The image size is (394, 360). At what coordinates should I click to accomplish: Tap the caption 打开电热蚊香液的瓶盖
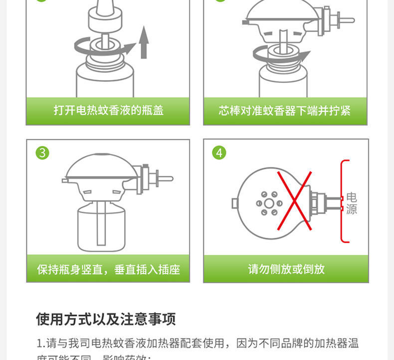[108, 110]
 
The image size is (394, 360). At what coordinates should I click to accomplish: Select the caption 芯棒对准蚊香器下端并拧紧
[285, 110]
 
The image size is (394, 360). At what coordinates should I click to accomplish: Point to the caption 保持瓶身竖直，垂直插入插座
[108, 270]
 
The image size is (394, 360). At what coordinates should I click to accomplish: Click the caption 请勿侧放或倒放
[286, 269]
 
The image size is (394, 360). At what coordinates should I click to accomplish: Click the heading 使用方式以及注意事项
[106, 319]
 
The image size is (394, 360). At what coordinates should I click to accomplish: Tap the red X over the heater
[294, 201]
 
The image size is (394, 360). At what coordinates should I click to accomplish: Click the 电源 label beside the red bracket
[352, 203]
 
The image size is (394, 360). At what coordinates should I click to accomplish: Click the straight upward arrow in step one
[144, 42]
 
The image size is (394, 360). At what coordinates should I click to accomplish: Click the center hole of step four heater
[269, 203]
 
